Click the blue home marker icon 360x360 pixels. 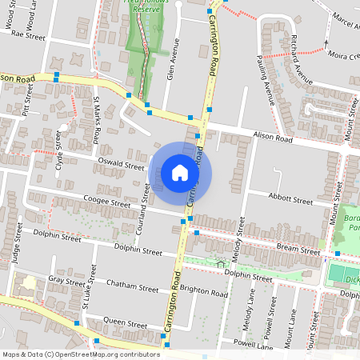tap(180, 173)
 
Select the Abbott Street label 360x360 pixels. tap(290, 200)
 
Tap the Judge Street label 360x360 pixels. tap(17, 249)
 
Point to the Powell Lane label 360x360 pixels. tap(254, 346)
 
